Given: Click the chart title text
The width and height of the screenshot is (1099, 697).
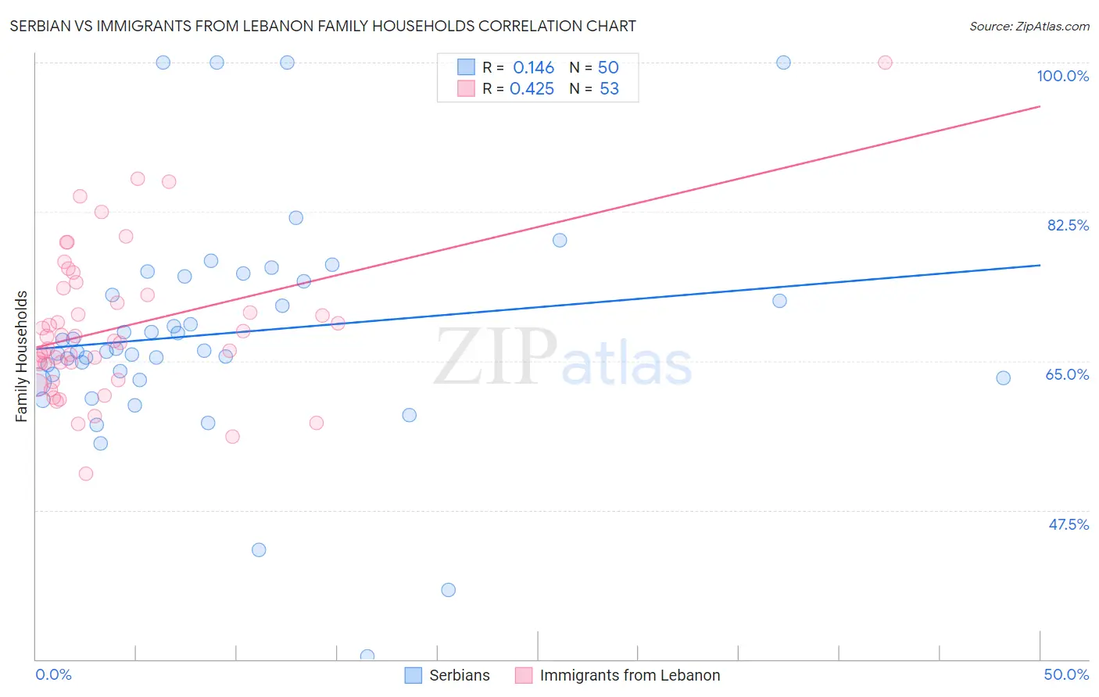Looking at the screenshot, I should click(323, 26).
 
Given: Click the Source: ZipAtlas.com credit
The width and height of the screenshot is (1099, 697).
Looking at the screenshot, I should click(1029, 26).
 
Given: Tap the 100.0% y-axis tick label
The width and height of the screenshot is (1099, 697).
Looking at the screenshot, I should click(1062, 76).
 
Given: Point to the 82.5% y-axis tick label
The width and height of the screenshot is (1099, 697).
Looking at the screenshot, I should click(1068, 225).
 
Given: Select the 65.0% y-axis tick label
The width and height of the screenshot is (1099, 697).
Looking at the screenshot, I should click(1067, 374).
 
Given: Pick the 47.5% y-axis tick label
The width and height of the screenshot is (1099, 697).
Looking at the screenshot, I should click(1068, 524).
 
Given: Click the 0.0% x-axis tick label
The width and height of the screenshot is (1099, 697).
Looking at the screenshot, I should click(53, 674).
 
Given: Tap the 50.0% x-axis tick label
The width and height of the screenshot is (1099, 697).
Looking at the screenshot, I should click(1066, 674).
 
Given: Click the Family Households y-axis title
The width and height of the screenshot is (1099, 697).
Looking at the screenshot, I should click(22, 356).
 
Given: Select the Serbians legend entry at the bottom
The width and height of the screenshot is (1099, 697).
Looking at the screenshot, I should click(447, 675).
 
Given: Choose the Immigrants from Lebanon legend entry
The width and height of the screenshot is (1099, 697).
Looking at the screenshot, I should click(618, 675).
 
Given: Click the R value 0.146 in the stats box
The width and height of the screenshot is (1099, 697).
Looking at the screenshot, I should click(533, 68).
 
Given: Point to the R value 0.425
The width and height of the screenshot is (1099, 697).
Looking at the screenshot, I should click(532, 89).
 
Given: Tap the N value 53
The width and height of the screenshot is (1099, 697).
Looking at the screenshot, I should click(609, 89).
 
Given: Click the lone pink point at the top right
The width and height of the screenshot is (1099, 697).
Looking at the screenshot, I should click(885, 63).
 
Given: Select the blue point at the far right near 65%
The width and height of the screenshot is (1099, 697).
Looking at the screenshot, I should click(1003, 378).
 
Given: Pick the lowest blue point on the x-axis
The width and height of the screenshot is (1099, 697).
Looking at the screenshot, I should click(367, 656).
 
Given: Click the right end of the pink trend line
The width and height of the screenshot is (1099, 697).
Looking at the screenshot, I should click(1040, 106).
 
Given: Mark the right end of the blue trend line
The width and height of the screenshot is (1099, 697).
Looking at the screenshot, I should click(1040, 265).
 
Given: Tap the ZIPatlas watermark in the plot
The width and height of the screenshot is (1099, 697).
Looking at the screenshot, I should click(563, 357).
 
